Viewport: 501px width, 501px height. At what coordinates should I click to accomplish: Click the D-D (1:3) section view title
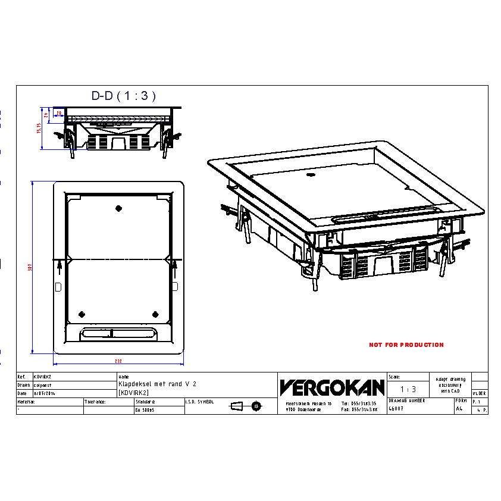tap(124, 95)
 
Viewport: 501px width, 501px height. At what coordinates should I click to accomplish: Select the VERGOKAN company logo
tap(331, 387)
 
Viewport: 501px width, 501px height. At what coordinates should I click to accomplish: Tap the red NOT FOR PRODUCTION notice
tap(406, 345)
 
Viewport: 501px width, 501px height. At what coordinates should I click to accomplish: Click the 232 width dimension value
tap(118, 361)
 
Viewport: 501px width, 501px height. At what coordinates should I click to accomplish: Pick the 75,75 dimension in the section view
tap(39, 129)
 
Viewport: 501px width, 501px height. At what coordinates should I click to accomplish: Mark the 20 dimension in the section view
tap(59, 112)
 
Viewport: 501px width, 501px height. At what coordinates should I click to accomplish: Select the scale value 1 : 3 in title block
tap(408, 389)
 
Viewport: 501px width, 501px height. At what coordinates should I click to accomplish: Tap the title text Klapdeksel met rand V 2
tap(157, 384)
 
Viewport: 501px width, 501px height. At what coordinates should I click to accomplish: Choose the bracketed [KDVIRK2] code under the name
tap(134, 393)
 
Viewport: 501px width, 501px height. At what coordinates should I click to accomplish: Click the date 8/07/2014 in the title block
tap(45, 393)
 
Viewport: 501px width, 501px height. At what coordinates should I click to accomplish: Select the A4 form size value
tap(459, 409)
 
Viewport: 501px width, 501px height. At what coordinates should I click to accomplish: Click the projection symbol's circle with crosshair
tap(256, 406)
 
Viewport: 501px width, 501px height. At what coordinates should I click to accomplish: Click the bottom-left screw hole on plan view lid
tap(82, 314)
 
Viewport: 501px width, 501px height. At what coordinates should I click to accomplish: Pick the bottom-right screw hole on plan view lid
tap(155, 314)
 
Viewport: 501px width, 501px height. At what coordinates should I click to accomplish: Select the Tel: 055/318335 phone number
tap(359, 403)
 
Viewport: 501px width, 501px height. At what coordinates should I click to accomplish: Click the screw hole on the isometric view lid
tap(310, 176)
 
